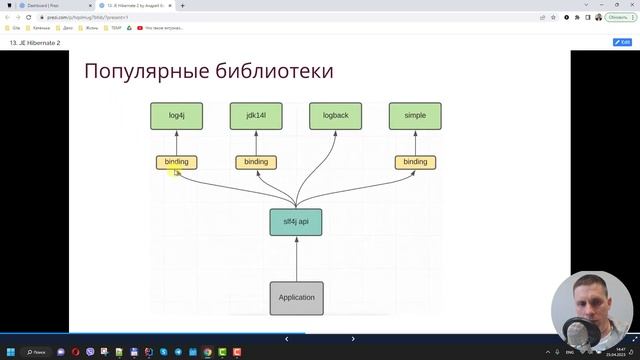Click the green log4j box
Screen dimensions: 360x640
click(x=177, y=116)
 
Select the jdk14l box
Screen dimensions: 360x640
click(x=256, y=116)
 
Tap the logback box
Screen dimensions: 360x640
click(x=335, y=116)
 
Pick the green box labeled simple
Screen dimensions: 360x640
click(x=415, y=116)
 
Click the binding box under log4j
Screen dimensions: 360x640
click(x=177, y=162)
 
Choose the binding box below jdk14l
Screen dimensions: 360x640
click(x=256, y=162)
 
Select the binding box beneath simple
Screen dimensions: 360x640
click(x=415, y=162)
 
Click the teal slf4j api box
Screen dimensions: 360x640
click(x=296, y=221)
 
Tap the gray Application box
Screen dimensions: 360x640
click(x=296, y=297)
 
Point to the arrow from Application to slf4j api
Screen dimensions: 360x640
click(x=296, y=259)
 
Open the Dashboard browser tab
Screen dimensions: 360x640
click(x=50, y=5)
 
